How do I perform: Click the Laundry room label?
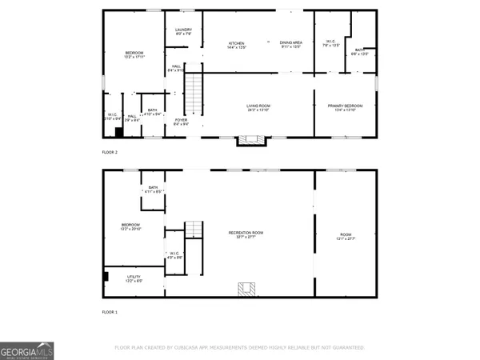coord(183,32)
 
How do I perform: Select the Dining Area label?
coord(290,45)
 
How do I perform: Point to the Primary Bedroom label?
coord(345,108)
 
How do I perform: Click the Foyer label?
coord(182,122)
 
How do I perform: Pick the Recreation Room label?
coord(250,234)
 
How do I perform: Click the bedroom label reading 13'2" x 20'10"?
coord(130,226)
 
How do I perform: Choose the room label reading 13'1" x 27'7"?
coord(345,237)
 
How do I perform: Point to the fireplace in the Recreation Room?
coord(246,288)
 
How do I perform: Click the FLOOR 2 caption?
coord(110,152)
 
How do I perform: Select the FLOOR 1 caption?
coord(110,312)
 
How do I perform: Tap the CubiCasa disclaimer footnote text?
coord(240,347)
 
